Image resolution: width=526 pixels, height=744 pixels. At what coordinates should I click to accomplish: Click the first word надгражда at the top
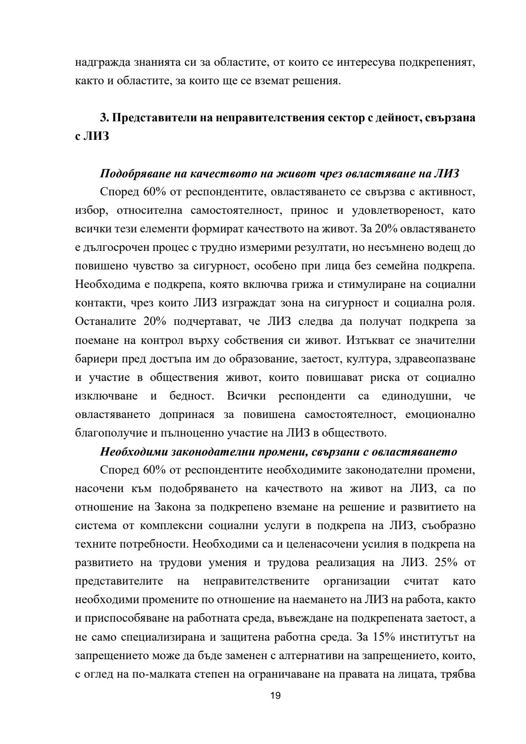[98, 62]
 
